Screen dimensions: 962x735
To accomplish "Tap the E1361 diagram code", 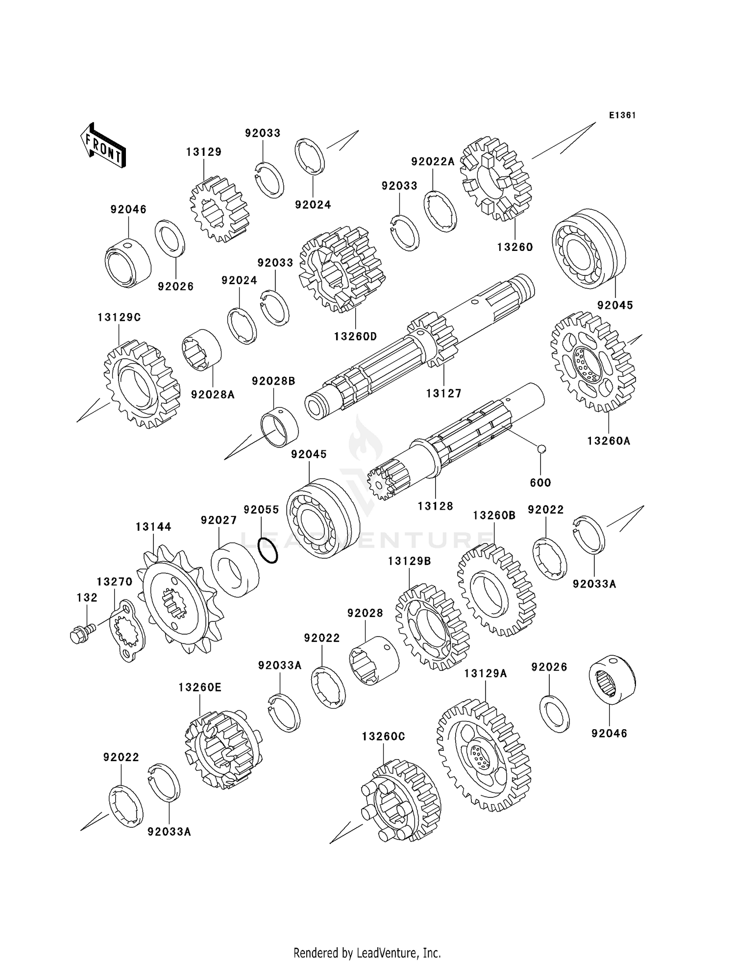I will [x=622, y=115].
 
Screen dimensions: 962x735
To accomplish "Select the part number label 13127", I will [x=443, y=393].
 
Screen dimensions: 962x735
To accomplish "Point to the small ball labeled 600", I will [x=541, y=448].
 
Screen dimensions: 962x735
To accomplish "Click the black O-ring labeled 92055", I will [x=268, y=550].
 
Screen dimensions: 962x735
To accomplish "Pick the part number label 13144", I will [x=153, y=527].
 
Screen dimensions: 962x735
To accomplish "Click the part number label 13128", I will [x=435, y=506].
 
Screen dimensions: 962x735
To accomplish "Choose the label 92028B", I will [x=273, y=381].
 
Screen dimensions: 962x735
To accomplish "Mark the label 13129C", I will [x=119, y=318].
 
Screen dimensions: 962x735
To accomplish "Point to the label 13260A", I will [x=609, y=441].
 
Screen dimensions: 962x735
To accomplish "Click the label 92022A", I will [x=433, y=162].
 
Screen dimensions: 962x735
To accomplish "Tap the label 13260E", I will [x=199, y=688].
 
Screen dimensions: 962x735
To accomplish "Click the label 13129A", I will [x=485, y=674].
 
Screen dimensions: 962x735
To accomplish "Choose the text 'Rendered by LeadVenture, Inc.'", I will [x=367, y=953].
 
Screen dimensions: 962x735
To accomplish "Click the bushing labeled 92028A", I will [x=201, y=348].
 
